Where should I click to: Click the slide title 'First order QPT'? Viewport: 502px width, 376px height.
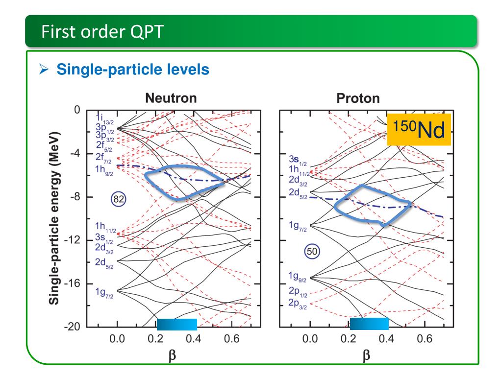point(102,32)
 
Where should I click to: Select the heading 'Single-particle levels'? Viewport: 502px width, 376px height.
point(133,70)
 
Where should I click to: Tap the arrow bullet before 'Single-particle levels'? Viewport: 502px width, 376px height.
point(44,69)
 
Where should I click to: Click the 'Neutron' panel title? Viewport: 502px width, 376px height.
point(171,98)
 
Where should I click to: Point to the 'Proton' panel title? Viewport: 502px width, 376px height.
point(358,98)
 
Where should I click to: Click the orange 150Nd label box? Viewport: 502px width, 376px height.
point(419,129)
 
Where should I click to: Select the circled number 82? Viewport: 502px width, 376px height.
point(119,199)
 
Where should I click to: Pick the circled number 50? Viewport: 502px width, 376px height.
point(312,251)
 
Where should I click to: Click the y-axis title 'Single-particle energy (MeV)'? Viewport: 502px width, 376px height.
point(54,218)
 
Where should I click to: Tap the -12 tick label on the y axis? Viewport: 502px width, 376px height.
point(72,240)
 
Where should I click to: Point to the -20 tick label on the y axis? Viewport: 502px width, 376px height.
point(72,327)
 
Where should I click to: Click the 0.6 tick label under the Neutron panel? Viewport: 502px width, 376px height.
point(231,339)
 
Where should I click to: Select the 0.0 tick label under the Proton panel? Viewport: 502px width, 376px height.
point(310,339)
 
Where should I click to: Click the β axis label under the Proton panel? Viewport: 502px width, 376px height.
point(366,355)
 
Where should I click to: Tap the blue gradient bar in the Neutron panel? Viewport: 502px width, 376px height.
point(176,324)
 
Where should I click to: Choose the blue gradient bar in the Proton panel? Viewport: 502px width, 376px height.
point(369,324)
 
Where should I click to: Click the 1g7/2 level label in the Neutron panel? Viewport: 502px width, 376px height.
point(104,293)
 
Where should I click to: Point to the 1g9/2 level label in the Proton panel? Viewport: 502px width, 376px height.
point(297,277)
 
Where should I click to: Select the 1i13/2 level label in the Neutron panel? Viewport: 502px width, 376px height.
point(105,118)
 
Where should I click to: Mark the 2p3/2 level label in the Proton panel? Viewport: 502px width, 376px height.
point(298,304)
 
